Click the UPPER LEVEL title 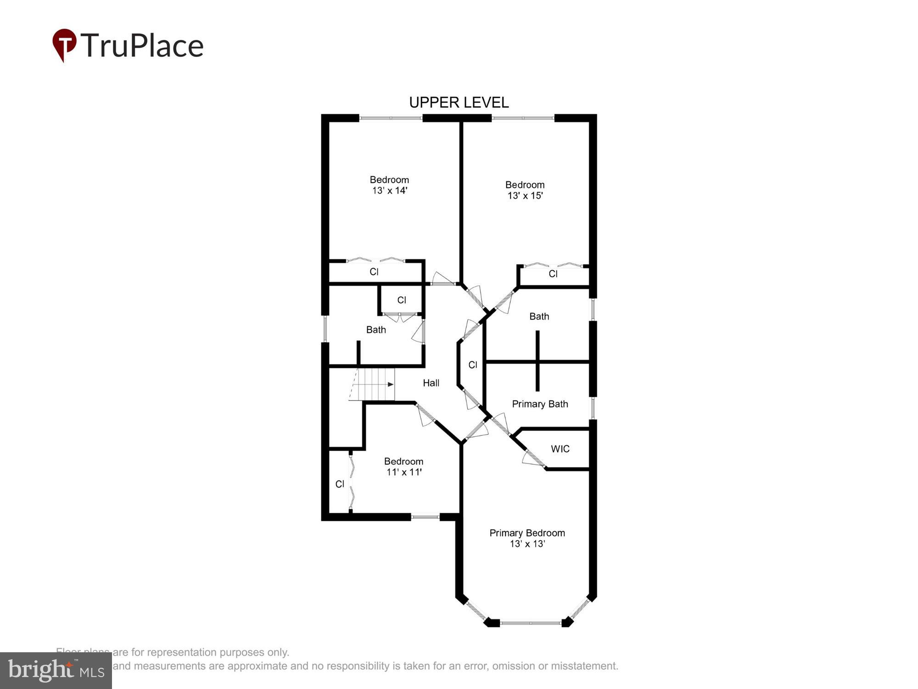click(459, 102)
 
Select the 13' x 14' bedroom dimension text click(390, 191)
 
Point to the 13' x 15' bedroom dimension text click(525, 196)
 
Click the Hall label click(431, 383)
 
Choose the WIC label click(560, 449)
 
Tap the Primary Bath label click(540, 404)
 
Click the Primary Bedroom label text click(527, 533)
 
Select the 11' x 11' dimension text click(404, 472)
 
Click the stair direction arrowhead click(391, 384)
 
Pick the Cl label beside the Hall click(473, 365)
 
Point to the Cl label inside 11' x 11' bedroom click(340, 484)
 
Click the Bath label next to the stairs click(376, 330)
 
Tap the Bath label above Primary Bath click(539, 316)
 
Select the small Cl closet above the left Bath click(402, 300)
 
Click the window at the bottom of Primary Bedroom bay click(530, 623)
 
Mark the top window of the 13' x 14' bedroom click(391, 118)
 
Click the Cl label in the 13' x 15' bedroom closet click(553, 274)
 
